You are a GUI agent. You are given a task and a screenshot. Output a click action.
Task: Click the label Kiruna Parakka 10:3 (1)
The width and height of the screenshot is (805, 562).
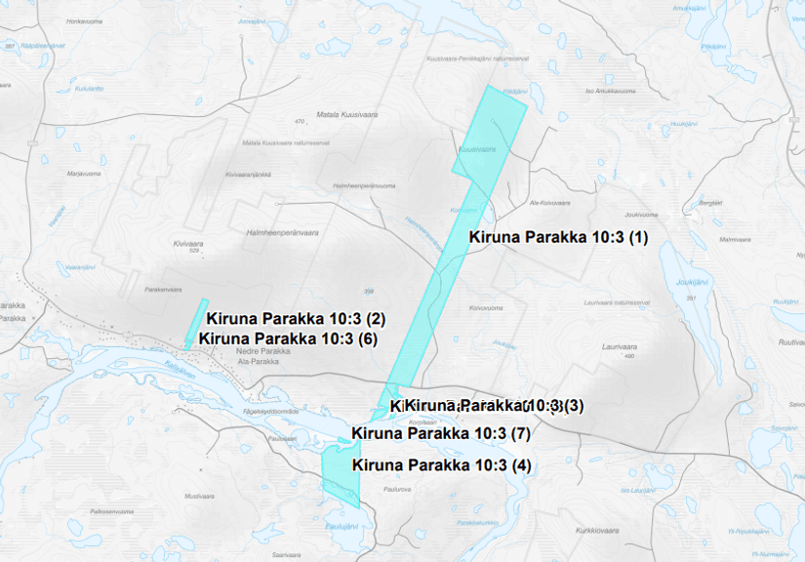557,237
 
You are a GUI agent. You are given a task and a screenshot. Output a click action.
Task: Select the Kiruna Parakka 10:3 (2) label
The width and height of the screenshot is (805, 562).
297,318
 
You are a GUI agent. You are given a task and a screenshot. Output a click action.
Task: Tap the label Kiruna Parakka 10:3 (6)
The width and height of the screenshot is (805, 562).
287,339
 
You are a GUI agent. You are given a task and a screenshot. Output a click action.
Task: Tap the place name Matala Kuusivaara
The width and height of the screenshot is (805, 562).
345,114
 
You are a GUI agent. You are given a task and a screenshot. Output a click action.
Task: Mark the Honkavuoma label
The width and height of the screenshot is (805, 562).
85,20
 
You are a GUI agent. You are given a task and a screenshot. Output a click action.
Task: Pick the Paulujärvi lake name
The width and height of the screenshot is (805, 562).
342,527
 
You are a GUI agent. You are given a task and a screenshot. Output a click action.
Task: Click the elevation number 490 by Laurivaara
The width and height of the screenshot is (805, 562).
628,356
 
